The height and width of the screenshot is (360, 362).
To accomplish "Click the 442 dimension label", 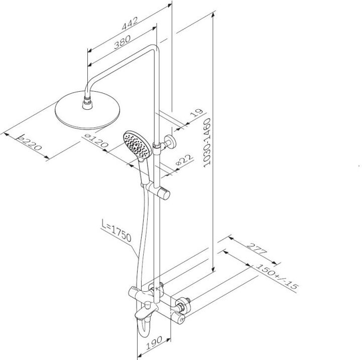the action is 130,23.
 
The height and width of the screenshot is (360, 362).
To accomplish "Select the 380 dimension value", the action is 122,42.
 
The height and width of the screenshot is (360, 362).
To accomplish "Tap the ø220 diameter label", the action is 30,142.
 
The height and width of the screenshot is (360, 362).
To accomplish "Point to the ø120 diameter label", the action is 96,140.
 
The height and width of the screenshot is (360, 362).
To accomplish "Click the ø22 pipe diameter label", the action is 184,160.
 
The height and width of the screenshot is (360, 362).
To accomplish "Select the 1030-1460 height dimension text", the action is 207,142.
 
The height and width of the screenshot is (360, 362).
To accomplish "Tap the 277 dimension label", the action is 257,249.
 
